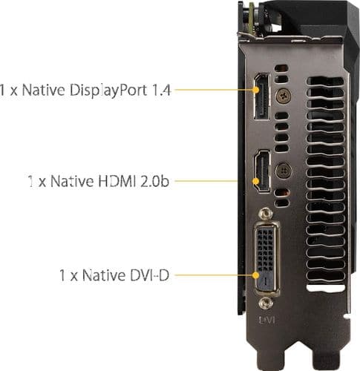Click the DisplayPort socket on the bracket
pyautogui.click(x=262, y=96)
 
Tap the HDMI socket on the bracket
pyautogui.click(x=262, y=171)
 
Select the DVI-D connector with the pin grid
pyautogui.click(x=266, y=259)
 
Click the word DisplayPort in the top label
pyautogui.click(x=108, y=90)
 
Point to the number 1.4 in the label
pyautogui.click(x=161, y=90)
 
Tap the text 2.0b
pyautogui.click(x=154, y=181)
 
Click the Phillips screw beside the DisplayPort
pyautogui.click(x=284, y=96)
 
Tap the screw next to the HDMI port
pyautogui.click(x=284, y=171)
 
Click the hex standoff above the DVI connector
pyautogui.click(x=266, y=214)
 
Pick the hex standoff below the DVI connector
pyautogui.click(x=266, y=303)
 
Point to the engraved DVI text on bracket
pyautogui.click(x=266, y=320)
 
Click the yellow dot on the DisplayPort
pyautogui.click(x=256, y=90)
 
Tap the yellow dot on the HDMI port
pyautogui.click(x=256, y=181)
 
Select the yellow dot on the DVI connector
pyautogui.click(x=256, y=275)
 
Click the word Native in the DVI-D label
pyautogui.click(x=103, y=275)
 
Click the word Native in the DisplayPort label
pyautogui.click(x=44, y=90)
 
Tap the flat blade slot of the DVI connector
pyautogui.click(x=266, y=280)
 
